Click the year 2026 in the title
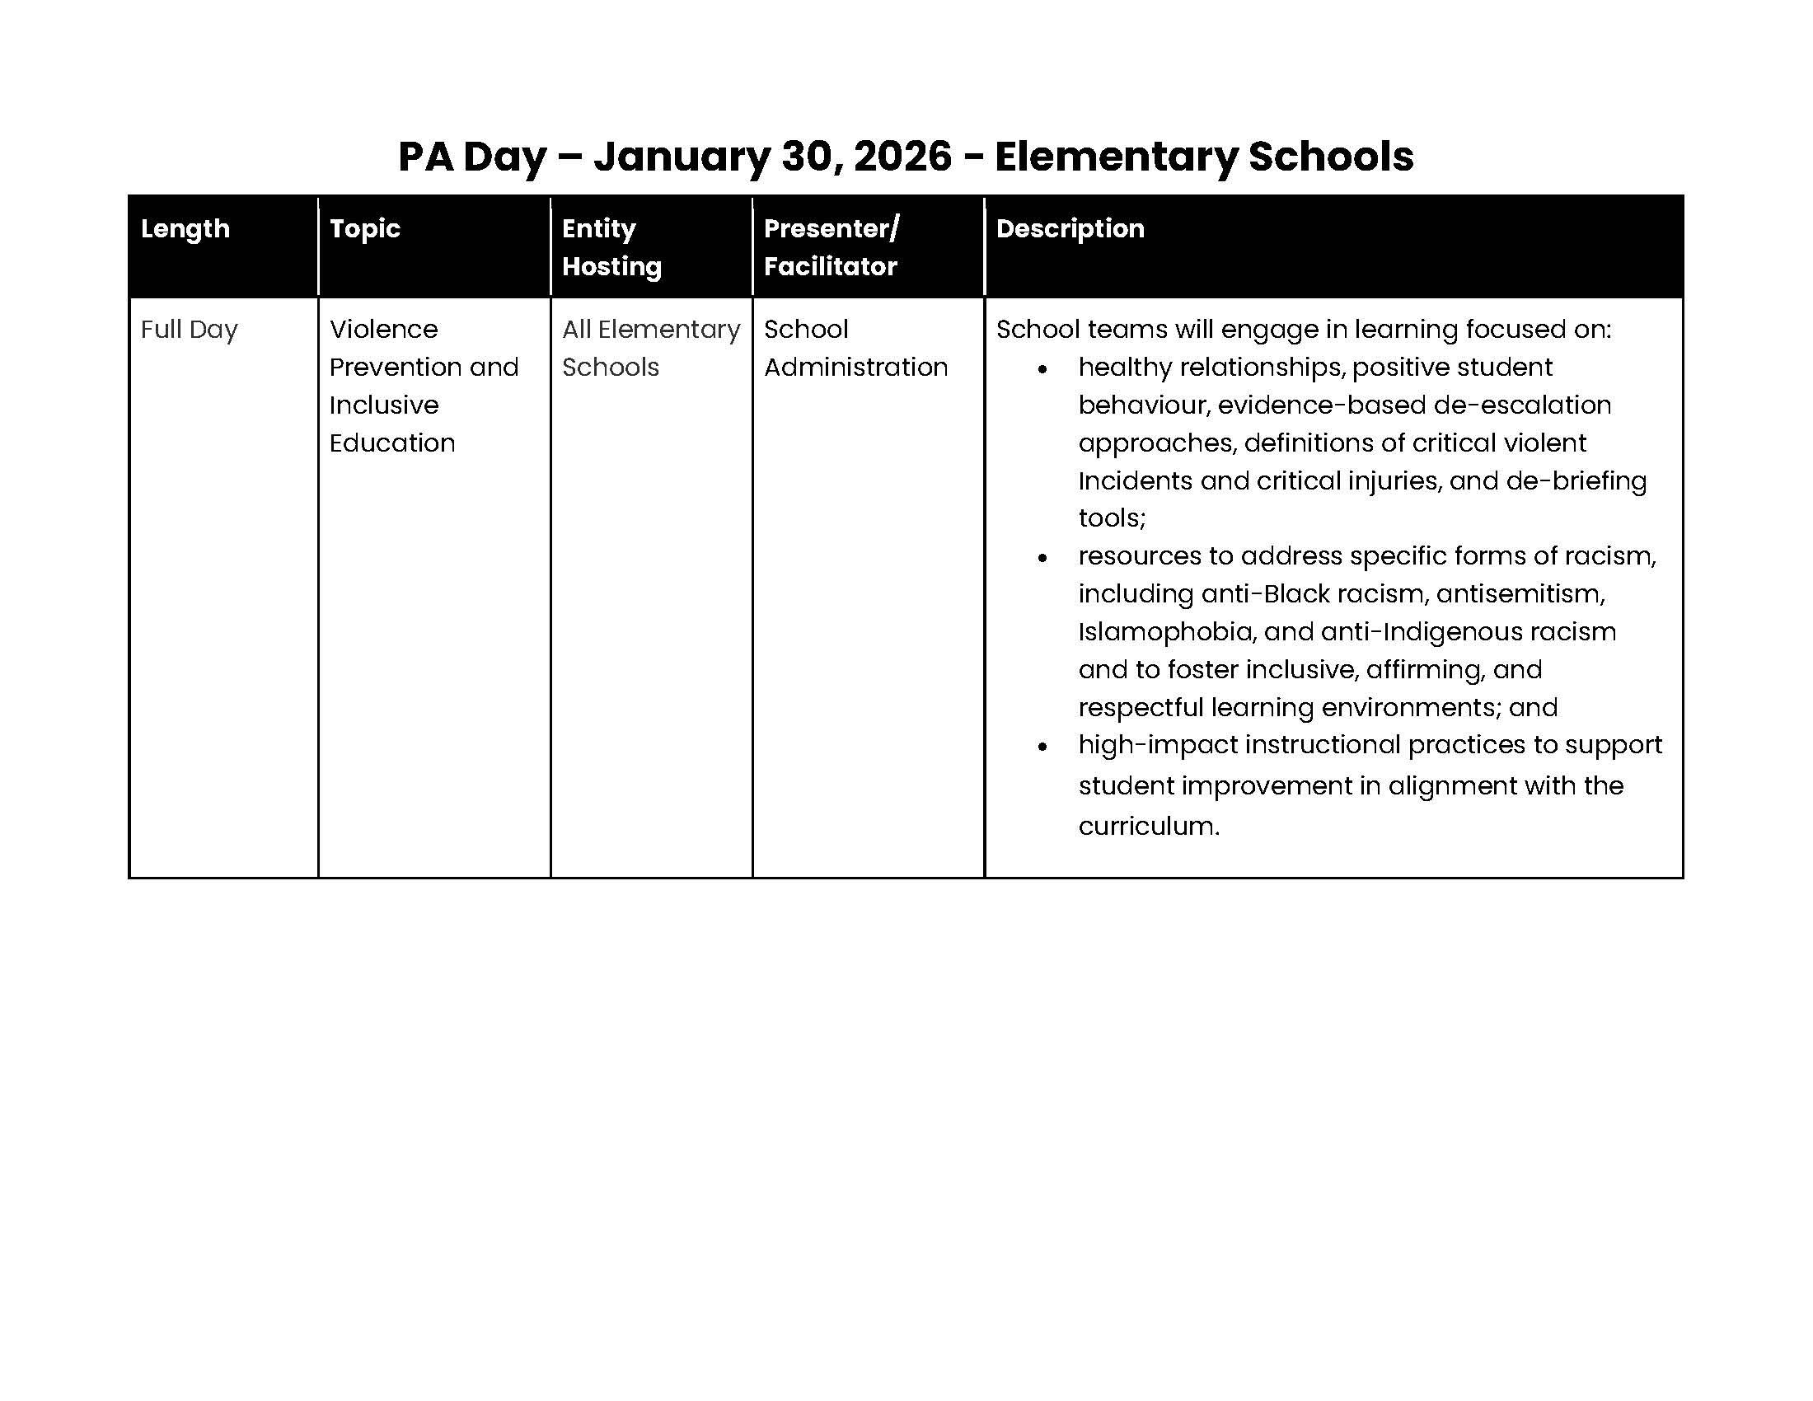[902, 156]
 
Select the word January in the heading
[681, 156]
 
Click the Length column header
[185, 228]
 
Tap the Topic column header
[364, 228]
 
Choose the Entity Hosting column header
[611, 247]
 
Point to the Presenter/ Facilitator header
[830, 247]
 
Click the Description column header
[1069, 228]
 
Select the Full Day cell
[190, 330]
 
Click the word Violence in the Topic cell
[382, 330]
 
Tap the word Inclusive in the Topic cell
[383, 405]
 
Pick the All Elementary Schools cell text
[650, 348]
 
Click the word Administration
[855, 367]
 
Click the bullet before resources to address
[1042, 559]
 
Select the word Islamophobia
[1164, 631]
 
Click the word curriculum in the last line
[1148, 826]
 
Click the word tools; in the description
[1112, 518]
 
